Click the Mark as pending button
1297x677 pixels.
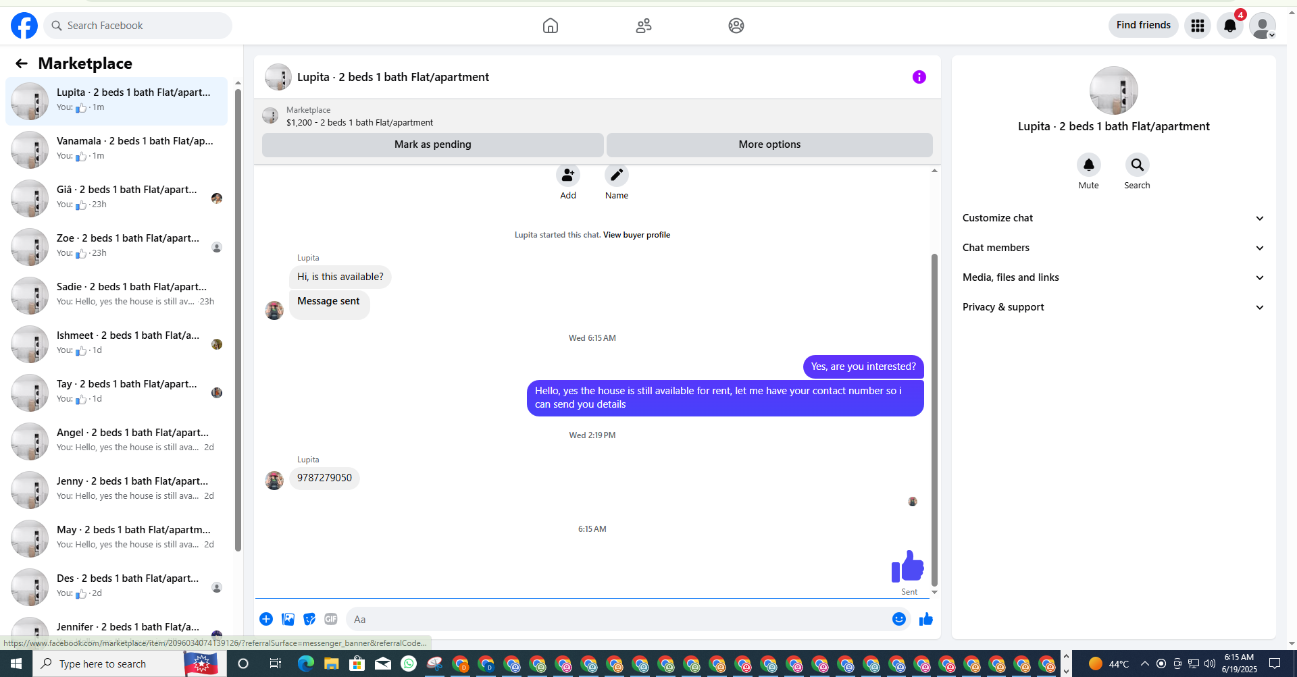pyautogui.click(x=432, y=144)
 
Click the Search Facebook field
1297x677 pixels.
pyautogui.click(x=138, y=26)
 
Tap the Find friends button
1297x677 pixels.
pyautogui.click(x=1143, y=26)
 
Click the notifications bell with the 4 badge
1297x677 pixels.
pyautogui.click(x=1230, y=26)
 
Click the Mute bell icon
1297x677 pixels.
pyautogui.click(x=1088, y=165)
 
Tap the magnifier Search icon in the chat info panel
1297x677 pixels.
pyautogui.click(x=1137, y=165)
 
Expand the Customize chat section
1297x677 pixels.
pyautogui.click(x=1113, y=218)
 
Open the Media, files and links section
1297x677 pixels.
pyautogui.click(x=1113, y=277)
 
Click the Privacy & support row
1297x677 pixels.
pyautogui.click(x=1113, y=307)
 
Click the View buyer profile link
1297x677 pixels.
pyautogui.click(x=636, y=235)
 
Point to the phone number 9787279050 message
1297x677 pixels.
pyautogui.click(x=324, y=478)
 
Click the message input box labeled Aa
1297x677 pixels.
pyautogui.click(x=618, y=620)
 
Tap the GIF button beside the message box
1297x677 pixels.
pyautogui.click(x=331, y=619)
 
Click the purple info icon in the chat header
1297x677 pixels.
pyautogui.click(x=919, y=77)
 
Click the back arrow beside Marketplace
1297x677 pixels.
pyautogui.click(x=22, y=63)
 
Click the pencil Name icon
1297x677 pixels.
pyautogui.click(x=617, y=175)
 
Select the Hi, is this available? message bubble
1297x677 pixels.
pyautogui.click(x=340, y=277)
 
